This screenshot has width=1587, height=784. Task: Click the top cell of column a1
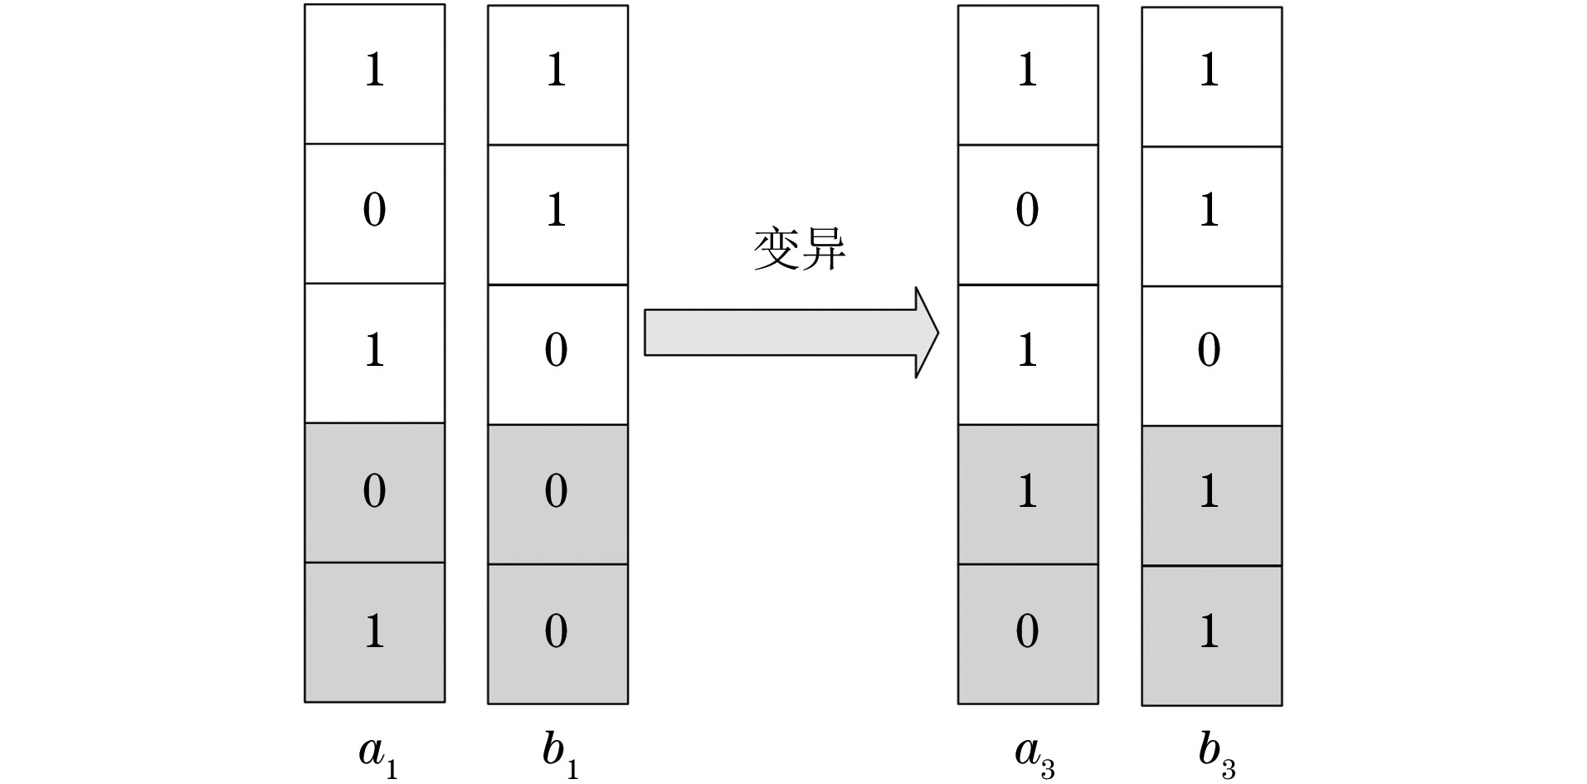[x=374, y=74]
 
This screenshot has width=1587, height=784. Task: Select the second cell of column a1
[x=374, y=213]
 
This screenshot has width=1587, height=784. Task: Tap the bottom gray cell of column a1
[x=374, y=632]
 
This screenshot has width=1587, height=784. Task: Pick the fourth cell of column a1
[x=374, y=493]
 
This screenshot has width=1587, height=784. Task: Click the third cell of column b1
[x=557, y=354]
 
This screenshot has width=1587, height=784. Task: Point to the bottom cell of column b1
[x=557, y=634]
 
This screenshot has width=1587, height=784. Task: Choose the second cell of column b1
[x=557, y=215]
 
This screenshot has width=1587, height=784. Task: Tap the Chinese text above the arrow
[x=799, y=248]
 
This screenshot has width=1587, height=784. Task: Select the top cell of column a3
[x=1028, y=75]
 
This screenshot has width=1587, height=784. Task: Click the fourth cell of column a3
[x=1028, y=494]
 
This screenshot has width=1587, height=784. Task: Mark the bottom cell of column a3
[x=1028, y=634]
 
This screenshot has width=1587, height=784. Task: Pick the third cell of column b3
[x=1211, y=356]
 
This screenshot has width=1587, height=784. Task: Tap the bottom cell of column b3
[x=1211, y=635]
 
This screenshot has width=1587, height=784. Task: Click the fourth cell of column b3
[x=1211, y=496]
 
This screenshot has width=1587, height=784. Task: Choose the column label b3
[x=1216, y=753]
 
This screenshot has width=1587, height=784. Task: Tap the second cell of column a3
[x=1028, y=215]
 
